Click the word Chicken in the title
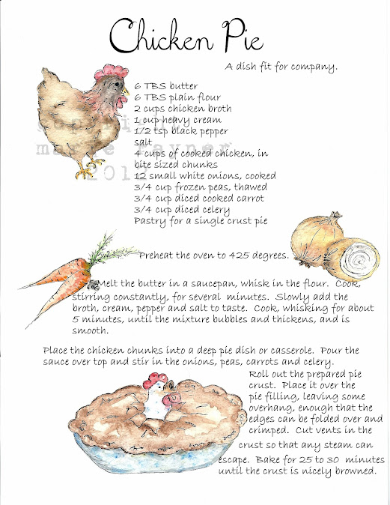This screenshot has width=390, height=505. tap(161, 35)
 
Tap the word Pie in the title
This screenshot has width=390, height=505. tap(243, 35)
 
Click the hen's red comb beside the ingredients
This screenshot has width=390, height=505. tap(111, 71)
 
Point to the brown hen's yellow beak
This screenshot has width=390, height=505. tap(126, 92)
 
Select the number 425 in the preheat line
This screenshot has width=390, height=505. tap(239, 255)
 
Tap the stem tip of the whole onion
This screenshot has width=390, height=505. tap(335, 214)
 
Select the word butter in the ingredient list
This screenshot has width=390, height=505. tap(183, 86)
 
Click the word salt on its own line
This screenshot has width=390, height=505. tap(143, 142)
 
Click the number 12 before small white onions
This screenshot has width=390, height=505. tap(140, 176)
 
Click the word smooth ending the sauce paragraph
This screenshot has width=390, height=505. tap(90, 330)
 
